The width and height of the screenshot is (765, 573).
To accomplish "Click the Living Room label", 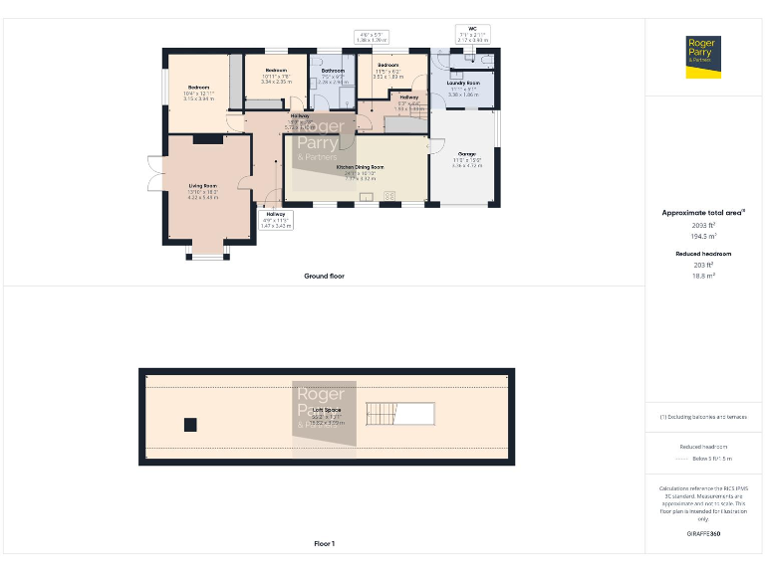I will click(203, 186).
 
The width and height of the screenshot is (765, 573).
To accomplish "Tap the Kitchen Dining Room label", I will click(360, 167).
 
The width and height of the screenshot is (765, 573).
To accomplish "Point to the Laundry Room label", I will click(463, 84).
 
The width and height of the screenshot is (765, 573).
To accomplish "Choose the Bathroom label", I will click(333, 71).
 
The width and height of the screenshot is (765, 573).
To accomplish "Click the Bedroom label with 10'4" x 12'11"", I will click(199, 88).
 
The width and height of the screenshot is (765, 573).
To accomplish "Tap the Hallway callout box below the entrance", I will click(275, 220).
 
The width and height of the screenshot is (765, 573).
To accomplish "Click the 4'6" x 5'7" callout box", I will click(371, 36).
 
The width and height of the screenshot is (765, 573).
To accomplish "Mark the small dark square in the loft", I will click(190, 425).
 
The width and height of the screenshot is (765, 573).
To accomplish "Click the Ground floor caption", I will click(324, 276).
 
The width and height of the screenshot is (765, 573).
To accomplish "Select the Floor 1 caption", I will click(324, 544).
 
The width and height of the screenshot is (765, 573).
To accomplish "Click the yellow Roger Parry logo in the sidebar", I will click(703, 57).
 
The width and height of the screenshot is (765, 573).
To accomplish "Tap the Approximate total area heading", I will click(703, 213).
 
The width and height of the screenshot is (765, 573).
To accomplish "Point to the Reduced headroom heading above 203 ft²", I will click(703, 255).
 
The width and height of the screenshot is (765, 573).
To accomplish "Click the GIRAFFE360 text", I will click(703, 534).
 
